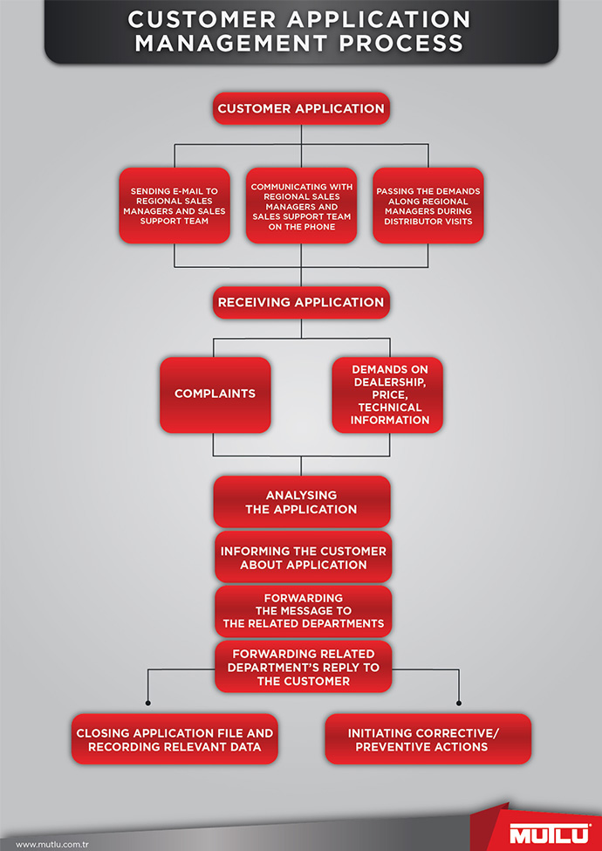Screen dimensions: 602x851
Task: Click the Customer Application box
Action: coord(301,108)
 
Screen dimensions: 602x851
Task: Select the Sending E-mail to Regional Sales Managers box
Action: coord(174,206)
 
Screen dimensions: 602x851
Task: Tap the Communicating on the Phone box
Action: coord(301,206)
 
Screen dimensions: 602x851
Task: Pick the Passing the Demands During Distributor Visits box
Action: coord(428,206)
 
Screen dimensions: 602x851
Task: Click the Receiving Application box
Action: coord(301,302)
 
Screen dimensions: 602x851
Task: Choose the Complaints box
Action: coord(215,395)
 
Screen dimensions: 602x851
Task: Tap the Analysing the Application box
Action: coord(302,502)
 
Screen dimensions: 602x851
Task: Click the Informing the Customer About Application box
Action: coord(303,558)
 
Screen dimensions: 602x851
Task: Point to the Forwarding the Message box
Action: coord(303,611)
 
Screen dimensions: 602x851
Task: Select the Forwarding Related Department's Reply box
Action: coord(303,667)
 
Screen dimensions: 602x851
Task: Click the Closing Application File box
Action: coord(174,739)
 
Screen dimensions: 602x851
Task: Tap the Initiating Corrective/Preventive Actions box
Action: coord(428,739)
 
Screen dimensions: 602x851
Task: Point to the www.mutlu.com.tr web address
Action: coord(52,845)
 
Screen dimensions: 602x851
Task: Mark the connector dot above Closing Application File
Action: coord(148,703)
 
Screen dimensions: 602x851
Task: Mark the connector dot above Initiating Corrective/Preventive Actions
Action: coord(459,703)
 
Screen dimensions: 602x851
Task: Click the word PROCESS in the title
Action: coord(401,44)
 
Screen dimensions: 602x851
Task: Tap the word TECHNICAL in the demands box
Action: coord(389,407)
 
